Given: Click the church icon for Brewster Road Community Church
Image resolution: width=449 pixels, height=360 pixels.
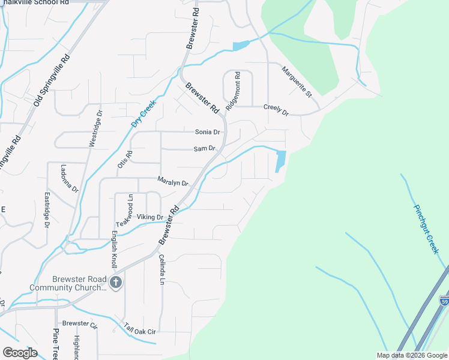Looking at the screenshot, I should click(x=116, y=282).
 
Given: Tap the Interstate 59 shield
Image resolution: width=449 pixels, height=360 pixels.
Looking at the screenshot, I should click(x=444, y=300).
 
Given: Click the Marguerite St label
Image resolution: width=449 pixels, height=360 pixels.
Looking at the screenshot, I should click(x=297, y=82).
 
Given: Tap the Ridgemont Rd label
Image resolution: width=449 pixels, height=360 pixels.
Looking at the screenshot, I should click(x=233, y=91).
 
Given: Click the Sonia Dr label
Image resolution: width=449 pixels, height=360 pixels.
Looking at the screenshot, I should click(x=208, y=132).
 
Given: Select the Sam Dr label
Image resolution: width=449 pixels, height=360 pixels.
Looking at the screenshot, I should click(x=204, y=148).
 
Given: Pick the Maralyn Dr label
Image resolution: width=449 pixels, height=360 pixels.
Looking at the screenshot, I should click(x=173, y=180).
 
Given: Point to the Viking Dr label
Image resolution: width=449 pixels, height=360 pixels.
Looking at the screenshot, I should click(x=150, y=217).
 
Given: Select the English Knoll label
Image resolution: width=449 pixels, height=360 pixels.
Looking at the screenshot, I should click(x=113, y=251).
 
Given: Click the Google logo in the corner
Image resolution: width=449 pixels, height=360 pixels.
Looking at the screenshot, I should click(x=20, y=353).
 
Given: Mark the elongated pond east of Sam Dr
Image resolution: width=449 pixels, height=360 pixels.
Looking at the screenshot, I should click(x=280, y=161).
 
